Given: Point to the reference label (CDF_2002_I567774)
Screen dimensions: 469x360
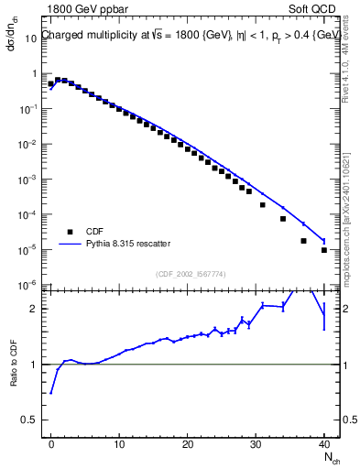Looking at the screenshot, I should click(x=190, y=273).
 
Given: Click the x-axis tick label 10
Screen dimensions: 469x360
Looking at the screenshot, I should click(x=119, y=444).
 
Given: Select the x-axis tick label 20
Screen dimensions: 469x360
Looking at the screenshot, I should click(x=188, y=444).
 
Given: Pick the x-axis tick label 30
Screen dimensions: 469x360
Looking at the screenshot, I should click(x=256, y=444).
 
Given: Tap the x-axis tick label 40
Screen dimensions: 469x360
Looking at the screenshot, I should click(x=324, y=444).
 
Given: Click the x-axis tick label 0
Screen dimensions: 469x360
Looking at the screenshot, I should click(x=51, y=444).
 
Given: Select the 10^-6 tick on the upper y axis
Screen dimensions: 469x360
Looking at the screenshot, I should click(x=28, y=285).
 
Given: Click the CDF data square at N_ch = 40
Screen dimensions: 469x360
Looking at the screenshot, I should click(x=324, y=250).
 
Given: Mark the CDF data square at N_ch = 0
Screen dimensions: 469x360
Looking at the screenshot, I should click(x=51, y=84).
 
